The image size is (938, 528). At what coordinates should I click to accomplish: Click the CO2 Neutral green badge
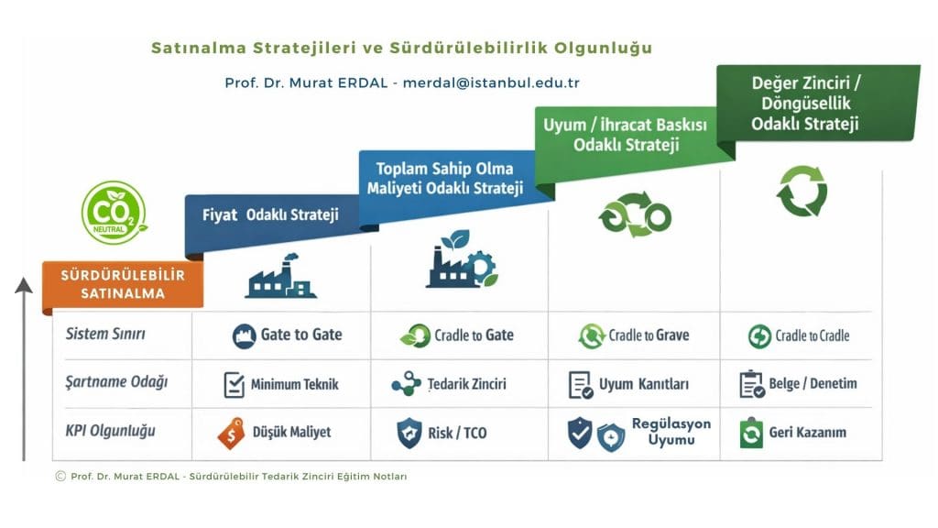coord(114,213)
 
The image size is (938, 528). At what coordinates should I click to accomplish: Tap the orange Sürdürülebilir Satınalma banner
coord(123,284)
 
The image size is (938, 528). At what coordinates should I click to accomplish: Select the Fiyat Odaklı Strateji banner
coord(270,215)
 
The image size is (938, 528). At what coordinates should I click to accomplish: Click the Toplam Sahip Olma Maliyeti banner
coord(445,179)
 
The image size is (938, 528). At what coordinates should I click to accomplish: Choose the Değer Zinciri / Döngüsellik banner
coord(805,103)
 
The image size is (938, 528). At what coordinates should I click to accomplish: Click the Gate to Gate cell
coord(287,335)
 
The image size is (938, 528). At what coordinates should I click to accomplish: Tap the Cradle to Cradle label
coord(812,335)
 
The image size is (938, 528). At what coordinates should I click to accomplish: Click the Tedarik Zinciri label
coord(466,384)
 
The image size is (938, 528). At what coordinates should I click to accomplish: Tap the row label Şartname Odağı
coord(116,382)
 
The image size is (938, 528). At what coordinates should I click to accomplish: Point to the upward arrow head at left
coord(24,286)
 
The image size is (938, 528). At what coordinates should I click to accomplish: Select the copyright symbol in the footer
coord(60,476)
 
